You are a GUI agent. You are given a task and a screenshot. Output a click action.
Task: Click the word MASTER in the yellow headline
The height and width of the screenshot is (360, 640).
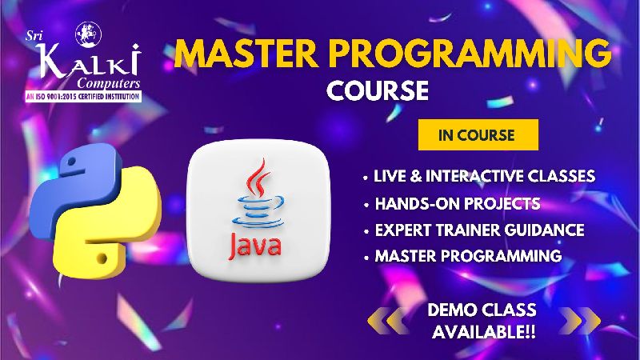tap(246, 54)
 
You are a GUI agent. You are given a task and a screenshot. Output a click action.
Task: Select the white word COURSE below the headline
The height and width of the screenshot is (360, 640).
tap(378, 90)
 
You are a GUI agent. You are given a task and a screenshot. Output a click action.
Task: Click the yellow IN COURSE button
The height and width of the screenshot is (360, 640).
tap(478, 134)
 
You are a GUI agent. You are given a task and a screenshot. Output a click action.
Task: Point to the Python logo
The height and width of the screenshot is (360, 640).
tap(95, 210)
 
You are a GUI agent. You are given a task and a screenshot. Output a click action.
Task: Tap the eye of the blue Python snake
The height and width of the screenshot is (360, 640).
tap(71, 162)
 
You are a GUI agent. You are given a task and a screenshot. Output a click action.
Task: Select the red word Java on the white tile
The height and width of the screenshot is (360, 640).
tap(255, 246)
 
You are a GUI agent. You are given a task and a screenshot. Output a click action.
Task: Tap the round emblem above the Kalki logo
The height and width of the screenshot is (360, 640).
tap(89, 34)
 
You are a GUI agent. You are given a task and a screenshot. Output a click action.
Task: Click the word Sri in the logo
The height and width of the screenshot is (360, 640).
tap(34, 36)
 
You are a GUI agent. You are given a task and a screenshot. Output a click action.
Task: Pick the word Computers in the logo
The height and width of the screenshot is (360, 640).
tap(109, 83)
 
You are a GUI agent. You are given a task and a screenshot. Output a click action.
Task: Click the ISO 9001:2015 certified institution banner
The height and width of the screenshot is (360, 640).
tap(83, 97)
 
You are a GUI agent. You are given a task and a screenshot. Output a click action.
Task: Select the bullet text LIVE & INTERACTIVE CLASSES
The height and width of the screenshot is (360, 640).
tap(484, 176)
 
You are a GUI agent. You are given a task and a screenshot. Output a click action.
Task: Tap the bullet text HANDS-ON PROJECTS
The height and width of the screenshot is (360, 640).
tap(458, 204)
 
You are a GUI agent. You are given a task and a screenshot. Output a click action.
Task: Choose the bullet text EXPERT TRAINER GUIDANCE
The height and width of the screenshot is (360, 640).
tap(479, 230)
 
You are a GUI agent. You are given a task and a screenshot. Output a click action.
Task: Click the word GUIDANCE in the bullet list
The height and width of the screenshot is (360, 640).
tap(544, 230)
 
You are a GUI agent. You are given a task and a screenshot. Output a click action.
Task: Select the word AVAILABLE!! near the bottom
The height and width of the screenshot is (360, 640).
tap(484, 332)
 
